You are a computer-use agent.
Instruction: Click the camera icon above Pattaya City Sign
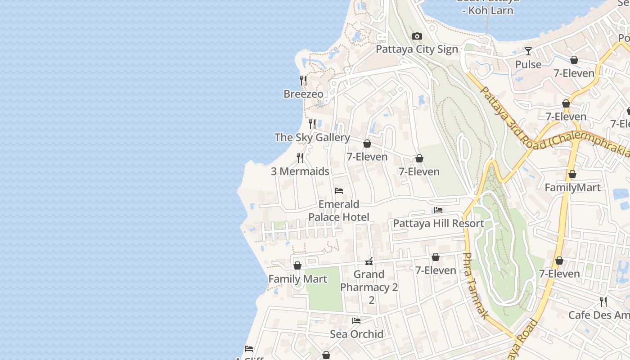417,36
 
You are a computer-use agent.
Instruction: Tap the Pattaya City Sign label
417,49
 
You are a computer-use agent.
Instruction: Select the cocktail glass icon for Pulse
528,51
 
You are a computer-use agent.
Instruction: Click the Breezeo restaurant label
303,94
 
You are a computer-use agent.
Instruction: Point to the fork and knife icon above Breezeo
303,81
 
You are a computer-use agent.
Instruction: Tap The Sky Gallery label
312,138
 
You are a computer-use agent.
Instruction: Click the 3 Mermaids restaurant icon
300,158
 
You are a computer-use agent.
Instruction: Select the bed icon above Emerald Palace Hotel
339,191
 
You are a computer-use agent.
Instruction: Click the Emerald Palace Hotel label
339,211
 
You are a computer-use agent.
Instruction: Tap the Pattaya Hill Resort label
438,224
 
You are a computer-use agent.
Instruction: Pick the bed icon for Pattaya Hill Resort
438,210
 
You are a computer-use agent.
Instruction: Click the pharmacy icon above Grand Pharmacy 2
369,261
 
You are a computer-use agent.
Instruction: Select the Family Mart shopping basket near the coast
297,266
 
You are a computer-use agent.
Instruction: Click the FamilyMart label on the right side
572,188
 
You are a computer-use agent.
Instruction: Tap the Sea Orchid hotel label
356,334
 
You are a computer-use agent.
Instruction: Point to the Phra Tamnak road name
474,286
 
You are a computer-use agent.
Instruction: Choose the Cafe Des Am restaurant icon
603,301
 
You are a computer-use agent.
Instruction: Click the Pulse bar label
528,65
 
